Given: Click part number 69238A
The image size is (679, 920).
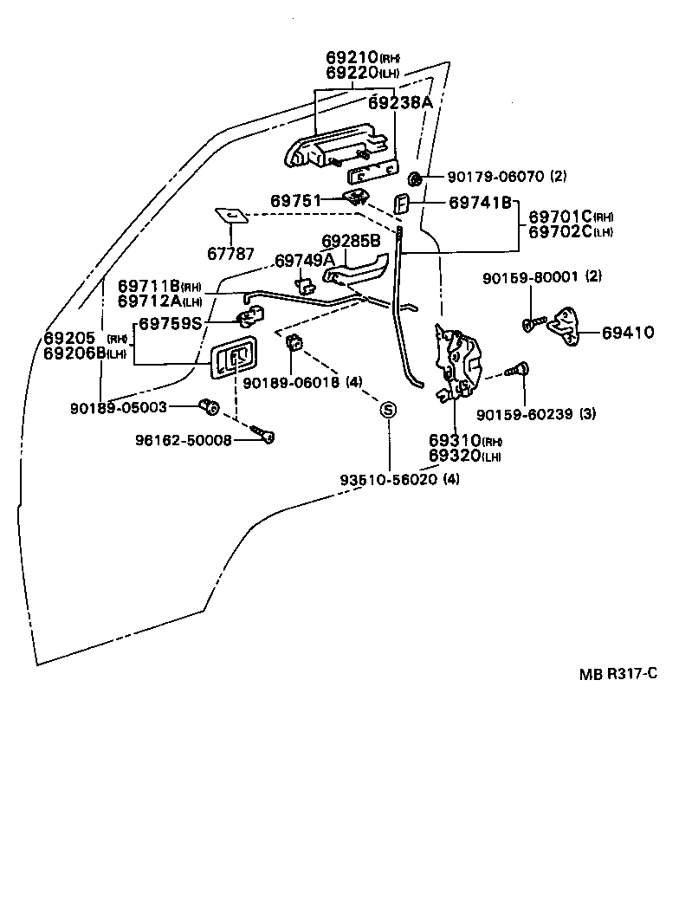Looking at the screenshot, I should click(x=399, y=102).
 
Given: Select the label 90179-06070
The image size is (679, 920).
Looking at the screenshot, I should click(x=495, y=177).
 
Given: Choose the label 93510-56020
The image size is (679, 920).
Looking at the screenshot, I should click(x=390, y=479).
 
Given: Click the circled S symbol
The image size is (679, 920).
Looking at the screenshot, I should click(x=389, y=410).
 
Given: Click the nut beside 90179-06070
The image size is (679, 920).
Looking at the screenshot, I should click(x=414, y=179).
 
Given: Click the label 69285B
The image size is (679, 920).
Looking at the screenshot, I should click(x=352, y=241).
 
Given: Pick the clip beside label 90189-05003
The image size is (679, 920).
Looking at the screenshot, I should click(x=208, y=405).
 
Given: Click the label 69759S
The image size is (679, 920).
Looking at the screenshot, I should click(x=170, y=324).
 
